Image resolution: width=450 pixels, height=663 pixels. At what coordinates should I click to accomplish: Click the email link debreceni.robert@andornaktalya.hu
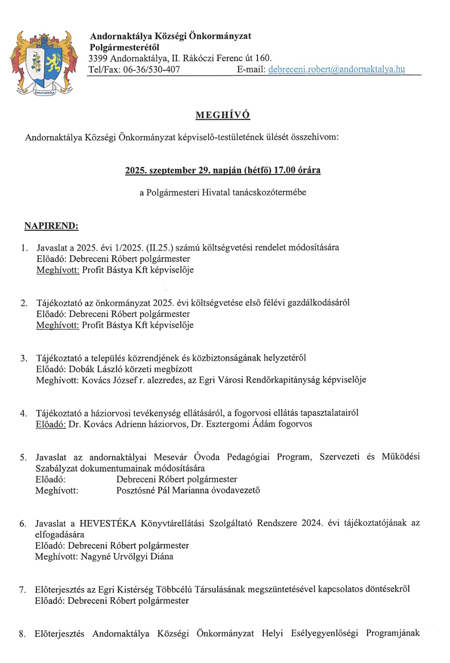(x=336, y=69)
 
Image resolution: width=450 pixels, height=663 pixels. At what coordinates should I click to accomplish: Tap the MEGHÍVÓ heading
(x=223, y=115)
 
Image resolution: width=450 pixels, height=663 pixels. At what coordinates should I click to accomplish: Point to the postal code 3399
(x=98, y=58)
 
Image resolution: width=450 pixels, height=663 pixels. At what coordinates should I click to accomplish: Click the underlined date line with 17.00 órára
(x=223, y=170)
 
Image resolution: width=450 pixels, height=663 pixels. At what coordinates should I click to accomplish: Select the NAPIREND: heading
(x=51, y=226)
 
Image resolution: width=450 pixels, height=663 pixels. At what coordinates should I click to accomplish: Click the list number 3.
(x=24, y=358)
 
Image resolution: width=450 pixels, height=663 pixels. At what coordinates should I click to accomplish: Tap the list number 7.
(x=23, y=590)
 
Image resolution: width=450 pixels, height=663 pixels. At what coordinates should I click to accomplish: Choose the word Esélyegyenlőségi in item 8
(x=324, y=633)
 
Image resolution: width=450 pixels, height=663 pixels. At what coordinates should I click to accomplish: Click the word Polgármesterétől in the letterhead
(x=124, y=47)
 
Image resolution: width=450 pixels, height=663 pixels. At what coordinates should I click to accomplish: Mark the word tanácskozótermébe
(x=269, y=192)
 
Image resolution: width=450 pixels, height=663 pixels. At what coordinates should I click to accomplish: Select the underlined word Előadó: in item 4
(x=50, y=424)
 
